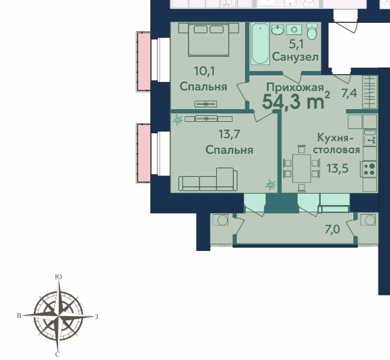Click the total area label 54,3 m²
pos(296,101)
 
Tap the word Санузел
pos(295,57)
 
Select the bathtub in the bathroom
pos(260,44)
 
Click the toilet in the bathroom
pos(312,31)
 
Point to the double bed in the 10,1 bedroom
pos(208,40)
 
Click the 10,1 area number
pos(205,71)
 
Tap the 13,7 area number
pos(229,134)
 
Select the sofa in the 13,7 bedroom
pos(208,180)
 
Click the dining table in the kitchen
pos(301,168)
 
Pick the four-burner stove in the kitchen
pos(369,169)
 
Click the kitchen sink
pos(370,141)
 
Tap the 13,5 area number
pos(337,169)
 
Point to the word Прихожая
pos(295,87)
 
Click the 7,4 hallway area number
pos(350,93)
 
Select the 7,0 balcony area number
pos(332,230)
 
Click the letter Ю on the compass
pos(58,277)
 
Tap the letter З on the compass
pos(97,317)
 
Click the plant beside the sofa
pos(271,185)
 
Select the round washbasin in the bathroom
pos(277,30)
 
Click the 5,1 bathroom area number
pos(296,45)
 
